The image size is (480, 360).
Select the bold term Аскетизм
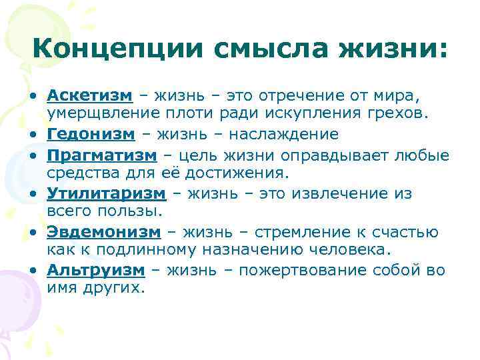click(x=89, y=96)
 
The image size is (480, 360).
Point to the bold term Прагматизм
click(x=101, y=155)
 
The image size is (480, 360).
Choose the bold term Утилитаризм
click(x=105, y=193)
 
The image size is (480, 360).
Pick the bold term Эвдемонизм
click(x=104, y=232)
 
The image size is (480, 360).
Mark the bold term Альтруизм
click(x=96, y=270)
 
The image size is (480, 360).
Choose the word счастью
click(x=406, y=232)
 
